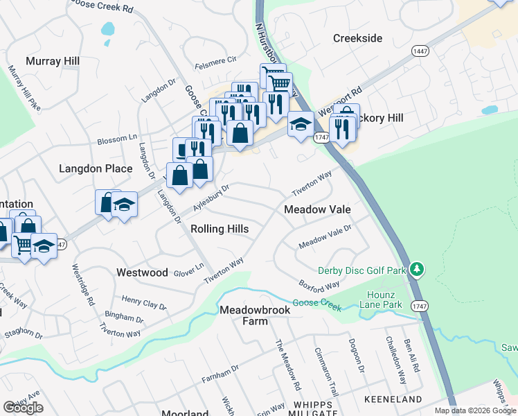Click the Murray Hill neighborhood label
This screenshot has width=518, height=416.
(53, 61)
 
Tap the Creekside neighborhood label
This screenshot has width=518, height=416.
(357, 38)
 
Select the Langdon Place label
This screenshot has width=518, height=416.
(96, 168)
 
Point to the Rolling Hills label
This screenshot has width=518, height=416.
(220, 229)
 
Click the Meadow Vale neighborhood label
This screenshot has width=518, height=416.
(317, 209)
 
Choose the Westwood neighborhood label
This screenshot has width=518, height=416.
(142, 272)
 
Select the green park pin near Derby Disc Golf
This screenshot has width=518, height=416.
(416, 268)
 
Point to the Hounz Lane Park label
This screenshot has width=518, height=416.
(384, 300)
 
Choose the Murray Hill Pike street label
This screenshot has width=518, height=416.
(24, 87)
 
